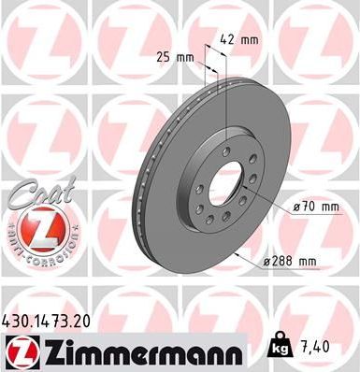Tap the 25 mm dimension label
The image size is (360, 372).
(176, 57)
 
